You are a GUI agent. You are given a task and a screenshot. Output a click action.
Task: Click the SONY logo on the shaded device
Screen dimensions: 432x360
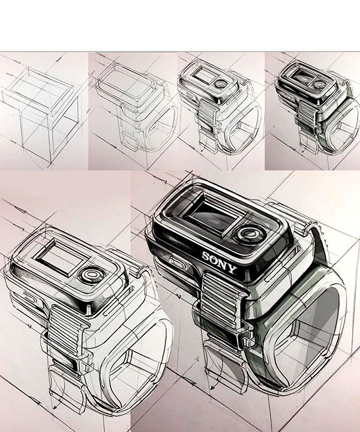tap(220, 260)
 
